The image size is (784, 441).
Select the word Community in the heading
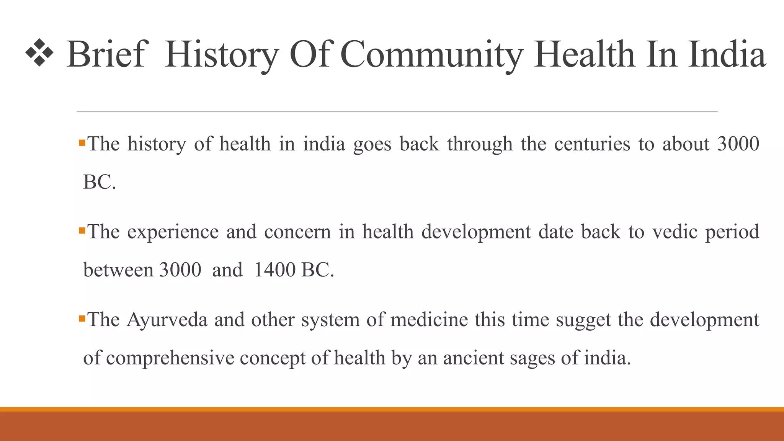coord(431,54)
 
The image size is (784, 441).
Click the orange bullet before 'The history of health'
coord(82,143)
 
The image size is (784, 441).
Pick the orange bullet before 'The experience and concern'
coord(82,231)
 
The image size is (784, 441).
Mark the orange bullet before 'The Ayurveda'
coord(82,318)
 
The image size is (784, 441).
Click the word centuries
coord(592,145)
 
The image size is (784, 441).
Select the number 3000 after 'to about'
coord(738,144)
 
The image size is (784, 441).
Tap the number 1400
coord(274,270)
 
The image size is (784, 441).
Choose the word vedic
coord(675,232)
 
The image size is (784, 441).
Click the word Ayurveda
coord(167,320)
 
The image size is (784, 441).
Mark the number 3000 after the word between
coord(180,270)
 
